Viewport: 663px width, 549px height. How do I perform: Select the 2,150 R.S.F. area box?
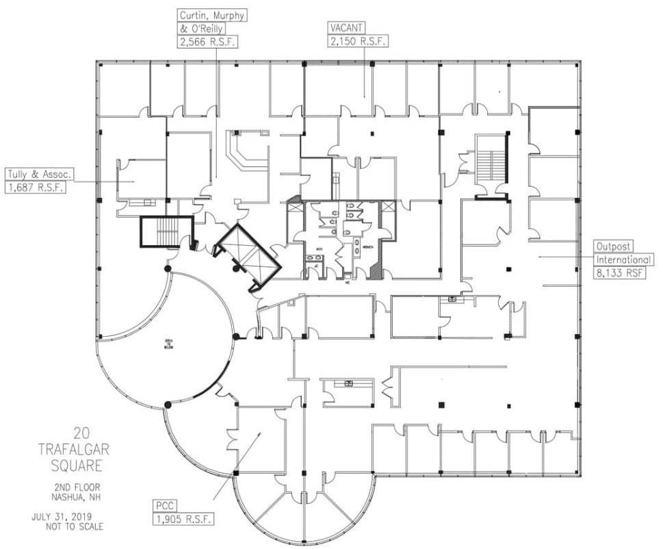click(358, 41)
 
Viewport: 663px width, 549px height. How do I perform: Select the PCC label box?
click(164, 505)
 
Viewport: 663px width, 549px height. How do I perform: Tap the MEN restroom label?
click(319, 248)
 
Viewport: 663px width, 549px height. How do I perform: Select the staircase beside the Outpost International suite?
click(490, 165)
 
